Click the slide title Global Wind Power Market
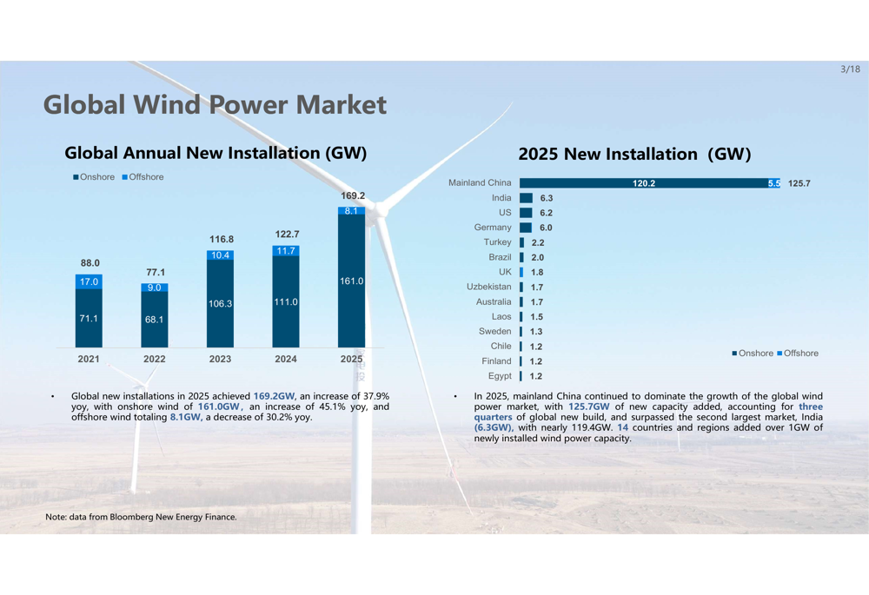coord(215,105)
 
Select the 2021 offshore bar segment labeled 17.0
coord(89,281)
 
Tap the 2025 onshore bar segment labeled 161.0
coord(351,281)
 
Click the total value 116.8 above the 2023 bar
coord(221,239)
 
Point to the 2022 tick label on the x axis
coord(155,359)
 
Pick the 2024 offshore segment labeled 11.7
coord(286,251)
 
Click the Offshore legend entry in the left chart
coord(143,177)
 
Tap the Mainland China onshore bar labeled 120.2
coord(643,183)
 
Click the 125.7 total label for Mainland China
coord(799,183)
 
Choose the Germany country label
coord(493,228)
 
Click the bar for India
coord(526,198)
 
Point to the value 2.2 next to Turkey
coord(537,243)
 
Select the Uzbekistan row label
coord(489,287)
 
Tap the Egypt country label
coord(500,376)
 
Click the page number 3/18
coord(850,69)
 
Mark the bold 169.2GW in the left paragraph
coord(275,396)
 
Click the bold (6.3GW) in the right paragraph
coord(493,427)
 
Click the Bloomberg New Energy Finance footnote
coord(141,517)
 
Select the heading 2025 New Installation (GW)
coord(634,155)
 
